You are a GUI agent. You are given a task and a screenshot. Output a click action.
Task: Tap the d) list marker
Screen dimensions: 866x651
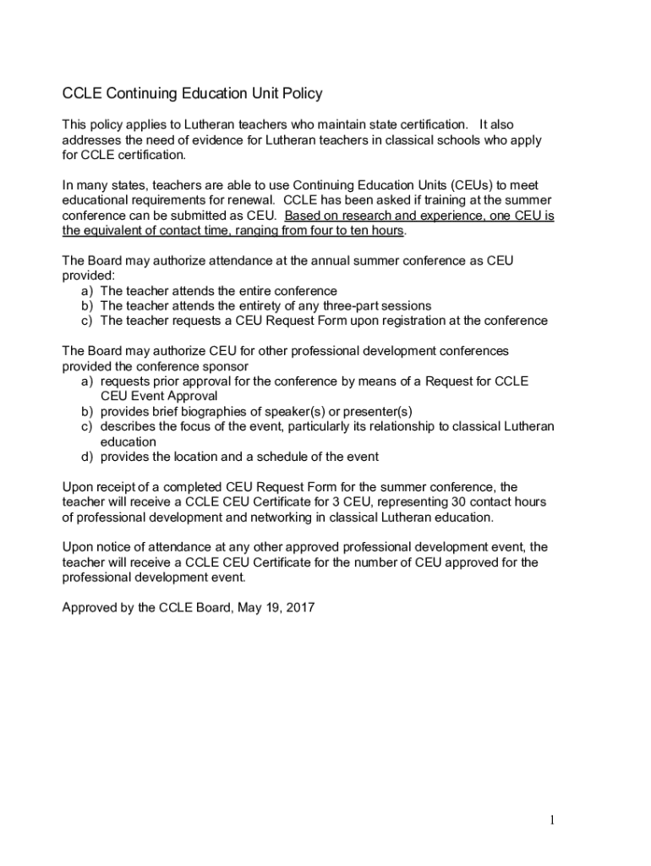coord(87,457)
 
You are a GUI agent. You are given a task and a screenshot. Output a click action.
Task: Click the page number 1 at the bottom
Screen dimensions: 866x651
coord(550,820)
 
